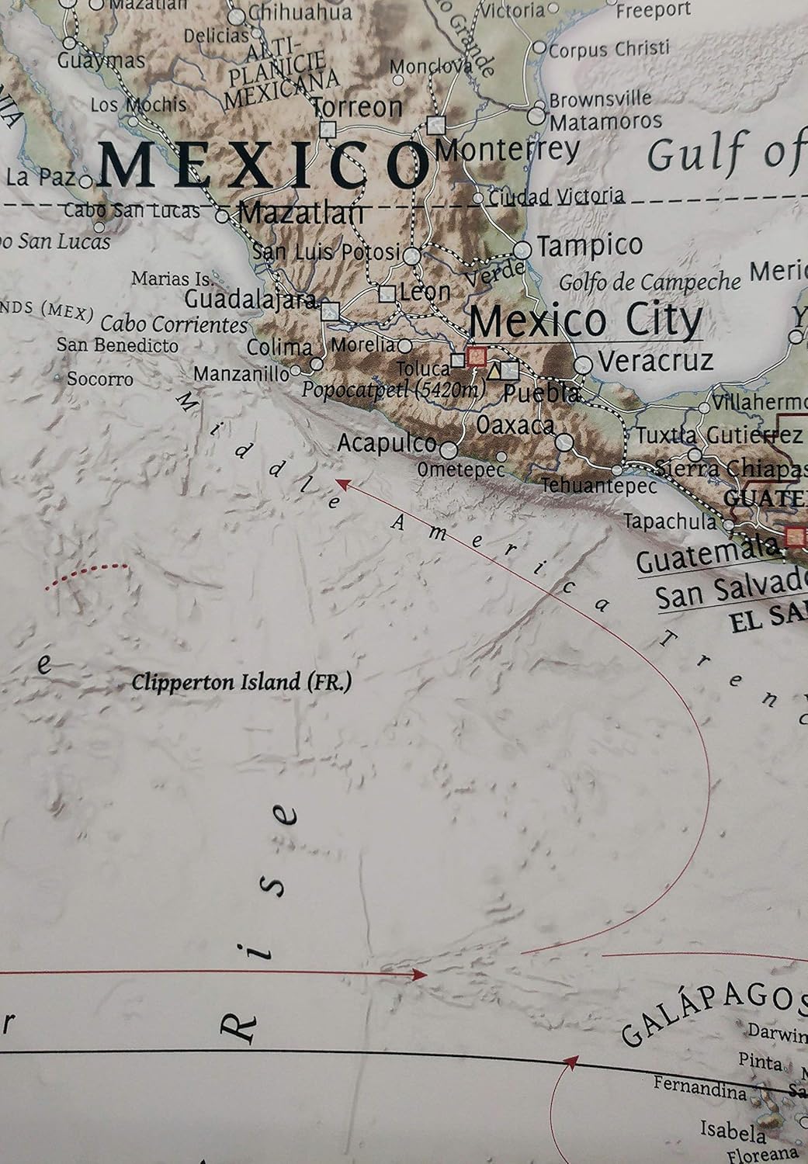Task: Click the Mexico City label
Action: (586, 320)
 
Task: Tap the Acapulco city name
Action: (387, 443)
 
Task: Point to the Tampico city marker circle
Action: (523, 250)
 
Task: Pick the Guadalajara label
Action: (250, 300)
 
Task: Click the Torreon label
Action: (357, 107)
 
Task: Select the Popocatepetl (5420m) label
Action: (392, 390)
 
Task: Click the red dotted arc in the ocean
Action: (85, 573)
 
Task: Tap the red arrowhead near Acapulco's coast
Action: (341, 485)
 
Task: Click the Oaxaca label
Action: (515, 425)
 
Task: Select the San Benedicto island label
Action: (117, 345)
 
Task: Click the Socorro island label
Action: (99, 379)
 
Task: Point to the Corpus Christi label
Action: (609, 50)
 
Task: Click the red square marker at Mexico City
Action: (477, 357)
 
